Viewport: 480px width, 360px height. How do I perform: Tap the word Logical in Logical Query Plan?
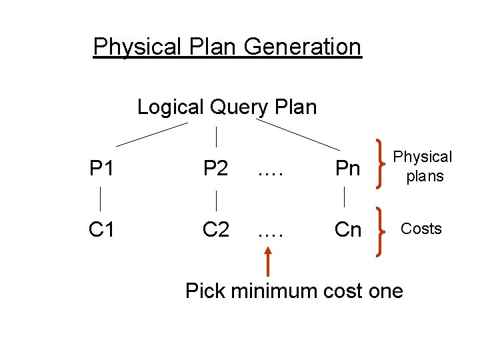[x=171, y=107]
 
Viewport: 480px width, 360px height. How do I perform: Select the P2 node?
[x=216, y=169]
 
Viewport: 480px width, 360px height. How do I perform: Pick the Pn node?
[x=347, y=169]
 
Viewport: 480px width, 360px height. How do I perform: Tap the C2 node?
[x=217, y=229]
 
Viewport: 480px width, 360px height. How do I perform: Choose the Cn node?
[x=347, y=229]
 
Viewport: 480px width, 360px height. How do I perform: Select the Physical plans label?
[x=422, y=167]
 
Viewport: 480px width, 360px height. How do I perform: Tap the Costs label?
[x=421, y=229]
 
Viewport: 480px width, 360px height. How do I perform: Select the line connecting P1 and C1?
[x=101, y=199]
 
